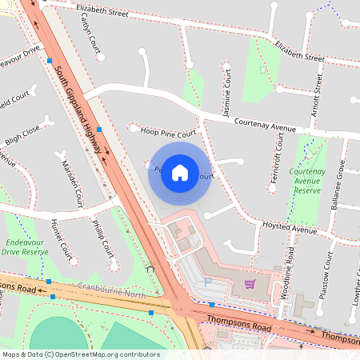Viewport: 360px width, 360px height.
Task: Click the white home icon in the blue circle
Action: tap(180, 172)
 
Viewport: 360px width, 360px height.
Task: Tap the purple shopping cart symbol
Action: tap(250, 283)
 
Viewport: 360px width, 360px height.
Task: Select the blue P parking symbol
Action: tap(209, 282)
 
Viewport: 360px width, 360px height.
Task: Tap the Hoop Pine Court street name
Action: tap(168, 134)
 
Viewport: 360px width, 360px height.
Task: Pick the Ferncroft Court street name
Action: tap(277, 158)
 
